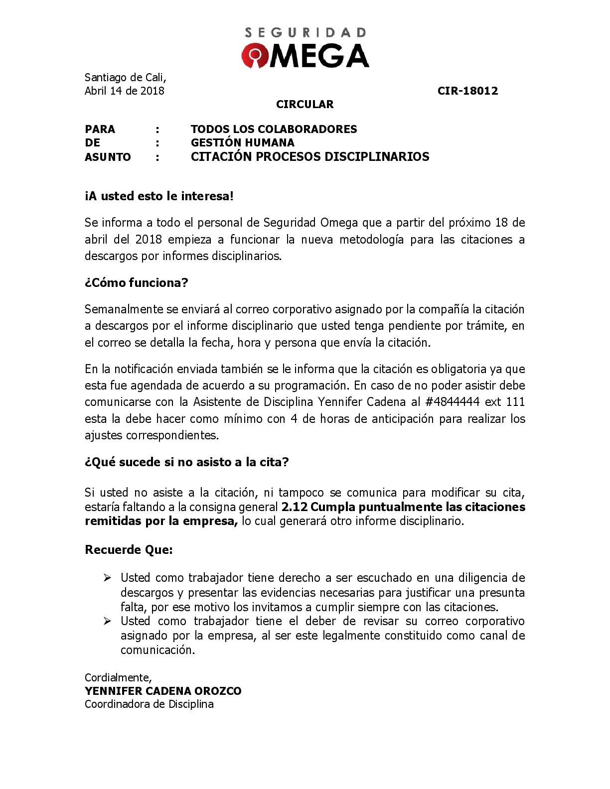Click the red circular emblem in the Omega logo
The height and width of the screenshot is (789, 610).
pos(256,55)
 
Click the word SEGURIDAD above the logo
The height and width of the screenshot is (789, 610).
pos(305,33)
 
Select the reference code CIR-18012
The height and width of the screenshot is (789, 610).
pos(467,91)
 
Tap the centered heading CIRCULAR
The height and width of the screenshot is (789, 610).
pos(305,104)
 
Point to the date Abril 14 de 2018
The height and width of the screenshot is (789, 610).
pos(125,91)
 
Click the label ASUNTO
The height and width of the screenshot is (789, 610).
pos(108,157)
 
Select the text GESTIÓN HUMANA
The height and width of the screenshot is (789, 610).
pos(243,143)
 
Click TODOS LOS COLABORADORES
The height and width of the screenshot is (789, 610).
pos(274,129)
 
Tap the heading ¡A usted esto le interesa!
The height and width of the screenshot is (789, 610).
pos(159,196)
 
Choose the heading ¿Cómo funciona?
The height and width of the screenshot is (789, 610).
pos(137,283)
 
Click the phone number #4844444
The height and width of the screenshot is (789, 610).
pos(452,402)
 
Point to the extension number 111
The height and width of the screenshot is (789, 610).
pos(515,402)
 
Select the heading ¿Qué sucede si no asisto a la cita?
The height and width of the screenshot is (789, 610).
pos(187,462)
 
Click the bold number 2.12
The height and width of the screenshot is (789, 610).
pos(294,507)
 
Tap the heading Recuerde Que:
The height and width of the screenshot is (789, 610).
pos(129,550)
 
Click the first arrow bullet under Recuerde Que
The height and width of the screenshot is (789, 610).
pos(107,578)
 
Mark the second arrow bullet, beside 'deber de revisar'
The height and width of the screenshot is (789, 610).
pos(107,621)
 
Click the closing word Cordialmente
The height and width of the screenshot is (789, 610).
pos(118,677)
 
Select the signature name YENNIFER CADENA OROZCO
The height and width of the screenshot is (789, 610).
pos(163,691)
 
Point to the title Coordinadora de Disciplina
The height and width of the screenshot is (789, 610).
pos(149,704)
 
